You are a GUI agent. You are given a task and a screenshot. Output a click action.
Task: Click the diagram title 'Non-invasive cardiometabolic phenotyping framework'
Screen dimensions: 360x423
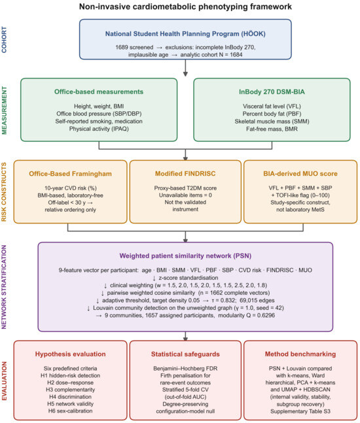pyautogui.click(x=185, y=7)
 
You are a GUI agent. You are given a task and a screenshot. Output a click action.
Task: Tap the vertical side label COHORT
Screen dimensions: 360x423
pyautogui.click(x=4, y=39)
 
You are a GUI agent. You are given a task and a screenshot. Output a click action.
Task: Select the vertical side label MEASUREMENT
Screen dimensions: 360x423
pyautogui.click(x=4, y=110)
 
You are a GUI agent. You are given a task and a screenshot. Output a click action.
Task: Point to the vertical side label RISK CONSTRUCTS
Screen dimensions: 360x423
pyautogui.click(x=4, y=192)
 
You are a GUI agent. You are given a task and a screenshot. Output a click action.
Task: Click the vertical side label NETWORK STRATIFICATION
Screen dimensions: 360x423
pyautogui.click(x=4, y=287)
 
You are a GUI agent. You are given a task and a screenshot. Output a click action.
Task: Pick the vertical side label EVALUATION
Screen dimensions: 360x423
pyautogui.click(x=4, y=381)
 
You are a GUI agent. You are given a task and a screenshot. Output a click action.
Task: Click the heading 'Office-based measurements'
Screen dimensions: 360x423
pyautogui.click(x=99, y=92)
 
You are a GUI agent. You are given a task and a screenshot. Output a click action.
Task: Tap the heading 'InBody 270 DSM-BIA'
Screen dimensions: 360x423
pyautogui.click(x=272, y=92)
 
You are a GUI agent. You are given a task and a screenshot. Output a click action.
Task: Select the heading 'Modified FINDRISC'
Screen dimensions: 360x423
pyautogui.click(x=185, y=173)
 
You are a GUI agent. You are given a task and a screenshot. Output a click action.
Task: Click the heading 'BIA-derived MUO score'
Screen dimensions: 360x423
pyautogui.click(x=300, y=173)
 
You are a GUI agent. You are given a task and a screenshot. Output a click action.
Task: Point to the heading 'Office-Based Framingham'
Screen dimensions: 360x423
pyautogui.click(x=70, y=173)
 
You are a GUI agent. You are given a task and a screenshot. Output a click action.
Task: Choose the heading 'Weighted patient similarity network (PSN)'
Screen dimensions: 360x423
pyautogui.click(x=185, y=256)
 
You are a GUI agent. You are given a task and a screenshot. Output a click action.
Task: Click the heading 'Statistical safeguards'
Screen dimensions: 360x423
pyautogui.click(x=185, y=354)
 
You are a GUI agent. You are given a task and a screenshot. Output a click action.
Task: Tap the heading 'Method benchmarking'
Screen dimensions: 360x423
pyautogui.click(x=300, y=354)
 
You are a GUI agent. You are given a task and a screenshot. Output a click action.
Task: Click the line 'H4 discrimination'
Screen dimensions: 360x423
pyautogui.click(x=70, y=397)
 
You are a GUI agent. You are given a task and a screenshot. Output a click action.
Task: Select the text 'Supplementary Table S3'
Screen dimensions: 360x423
pyautogui.click(x=300, y=411)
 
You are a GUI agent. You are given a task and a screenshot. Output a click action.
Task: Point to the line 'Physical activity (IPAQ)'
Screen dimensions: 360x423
pyautogui.click(x=99, y=129)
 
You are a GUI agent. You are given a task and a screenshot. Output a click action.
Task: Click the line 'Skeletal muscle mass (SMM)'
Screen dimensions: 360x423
pyautogui.click(x=272, y=122)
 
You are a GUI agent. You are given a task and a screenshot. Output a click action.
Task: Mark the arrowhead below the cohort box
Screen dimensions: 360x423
pyautogui.click(x=185, y=74)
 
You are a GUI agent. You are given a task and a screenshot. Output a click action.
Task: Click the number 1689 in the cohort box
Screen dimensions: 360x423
pyautogui.click(x=121, y=47)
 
